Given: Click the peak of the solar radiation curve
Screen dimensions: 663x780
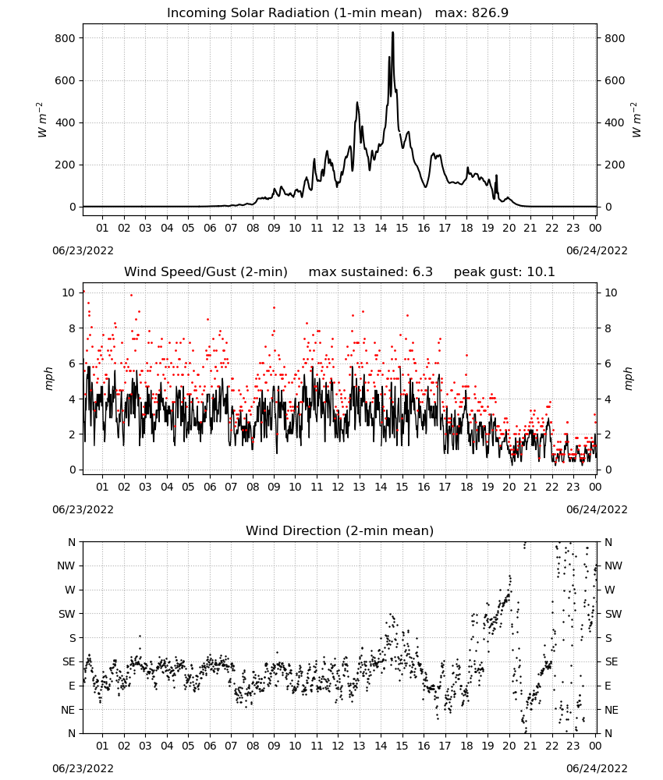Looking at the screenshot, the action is pyautogui.click(x=392, y=32).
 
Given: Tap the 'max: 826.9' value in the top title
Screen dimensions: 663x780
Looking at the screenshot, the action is pyautogui.click(x=472, y=13).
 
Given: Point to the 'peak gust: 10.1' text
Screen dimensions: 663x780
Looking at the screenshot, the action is pyautogui.click(x=504, y=272).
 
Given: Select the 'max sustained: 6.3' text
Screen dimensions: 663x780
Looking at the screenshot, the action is pyautogui.click(x=370, y=272).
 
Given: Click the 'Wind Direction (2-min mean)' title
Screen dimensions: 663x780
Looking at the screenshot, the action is pyautogui.click(x=340, y=530).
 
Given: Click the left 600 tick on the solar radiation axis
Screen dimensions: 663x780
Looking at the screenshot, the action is pyautogui.click(x=66, y=80).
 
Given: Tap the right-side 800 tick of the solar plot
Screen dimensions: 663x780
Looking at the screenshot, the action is pyautogui.click(x=615, y=38).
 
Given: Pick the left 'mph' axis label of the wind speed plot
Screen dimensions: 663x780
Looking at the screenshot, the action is pyautogui.click(x=48, y=378).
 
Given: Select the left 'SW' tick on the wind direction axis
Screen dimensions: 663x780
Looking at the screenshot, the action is pyautogui.click(x=66, y=614).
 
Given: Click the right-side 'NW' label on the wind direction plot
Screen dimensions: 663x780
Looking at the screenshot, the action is pyautogui.click(x=613, y=565).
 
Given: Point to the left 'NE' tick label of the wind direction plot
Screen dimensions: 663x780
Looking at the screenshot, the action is pyautogui.click(x=68, y=710).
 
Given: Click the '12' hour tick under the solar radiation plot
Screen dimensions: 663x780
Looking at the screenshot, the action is pyautogui.click(x=338, y=228).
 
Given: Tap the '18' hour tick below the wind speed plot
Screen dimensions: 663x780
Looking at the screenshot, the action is pyautogui.click(x=466, y=487).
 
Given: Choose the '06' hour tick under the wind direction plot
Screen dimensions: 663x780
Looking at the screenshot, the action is pyautogui.click(x=210, y=746).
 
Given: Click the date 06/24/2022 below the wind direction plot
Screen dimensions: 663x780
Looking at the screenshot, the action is pyautogui.click(x=597, y=768).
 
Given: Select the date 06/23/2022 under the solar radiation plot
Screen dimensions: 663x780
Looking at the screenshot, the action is pyautogui.click(x=83, y=250).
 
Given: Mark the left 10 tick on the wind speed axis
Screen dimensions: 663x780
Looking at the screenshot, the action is pyautogui.click(x=69, y=292).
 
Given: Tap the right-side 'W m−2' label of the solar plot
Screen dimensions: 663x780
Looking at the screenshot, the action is pyautogui.click(x=636, y=120).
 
